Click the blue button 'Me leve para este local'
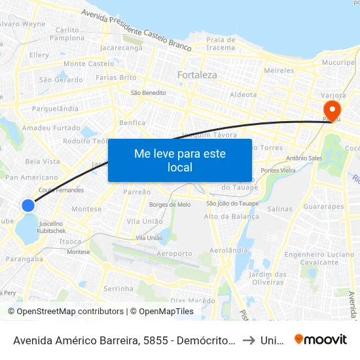click(x=179, y=160)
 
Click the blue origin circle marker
click(x=28, y=206)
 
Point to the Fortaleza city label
click(x=197, y=75)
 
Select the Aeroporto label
click(x=175, y=253)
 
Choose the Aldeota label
click(x=243, y=94)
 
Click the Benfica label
click(x=132, y=122)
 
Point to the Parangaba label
click(x=24, y=259)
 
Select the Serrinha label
click(x=118, y=288)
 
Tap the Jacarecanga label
click(x=122, y=48)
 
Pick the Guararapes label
click(x=323, y=207)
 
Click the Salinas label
click(x=279, y=209)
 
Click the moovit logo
click(x=321, y=339)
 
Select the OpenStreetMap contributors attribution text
click(x=65, y=312)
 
